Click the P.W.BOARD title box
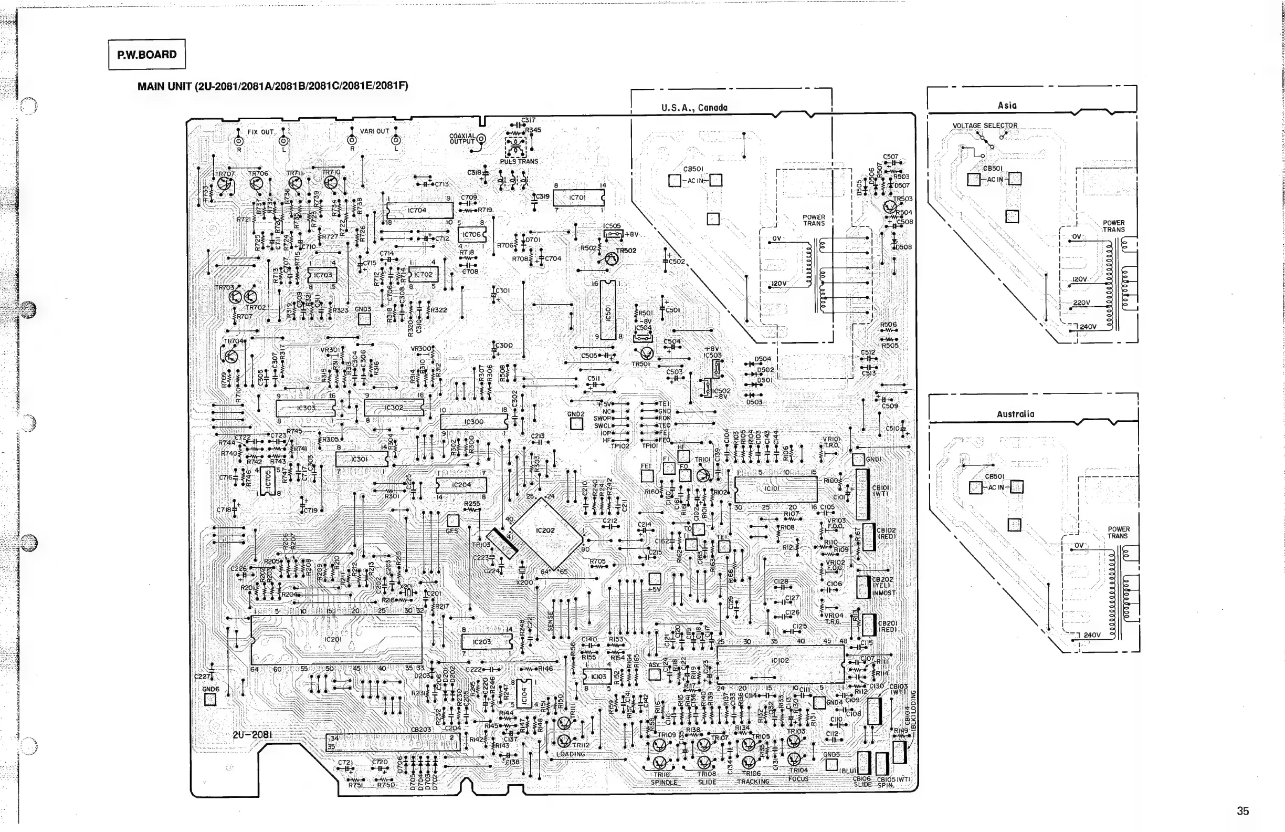coord(146,55)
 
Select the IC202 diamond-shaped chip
coord(546,531)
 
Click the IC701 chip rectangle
coord(578,197)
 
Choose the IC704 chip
coord(418,210)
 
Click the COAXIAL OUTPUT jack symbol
coord(480,139)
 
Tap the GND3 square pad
coord(364,319)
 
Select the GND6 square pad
coord(210,700)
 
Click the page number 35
coord(1243,811)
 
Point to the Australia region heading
coord(1015,414)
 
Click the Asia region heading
coord(1007,106)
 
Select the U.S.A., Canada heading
coord(694,108)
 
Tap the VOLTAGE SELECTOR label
coord(985,126)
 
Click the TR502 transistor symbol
coord(611,259)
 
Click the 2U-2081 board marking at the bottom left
coord(252,735)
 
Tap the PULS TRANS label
coord(519,161)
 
